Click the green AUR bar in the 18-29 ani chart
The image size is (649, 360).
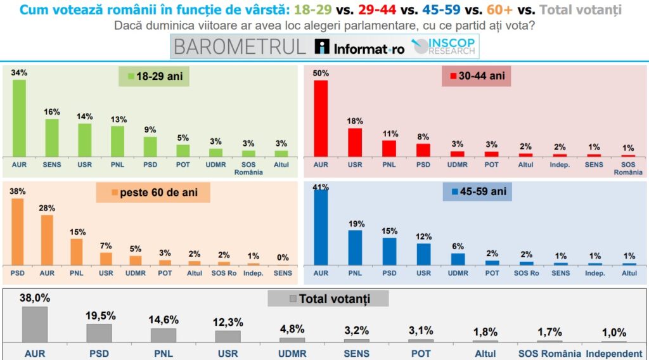coord(20,119)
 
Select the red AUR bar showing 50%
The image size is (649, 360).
coord(321,119)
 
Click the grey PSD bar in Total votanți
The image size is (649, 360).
coord(99,333)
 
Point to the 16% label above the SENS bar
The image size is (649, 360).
coord(52,112)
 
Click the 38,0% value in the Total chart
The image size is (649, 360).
coord(35,297)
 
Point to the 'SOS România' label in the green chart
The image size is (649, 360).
coord(248,169)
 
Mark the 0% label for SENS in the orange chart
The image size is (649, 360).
coord(283,257)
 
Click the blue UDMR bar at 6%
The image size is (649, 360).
coord(458,259)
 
